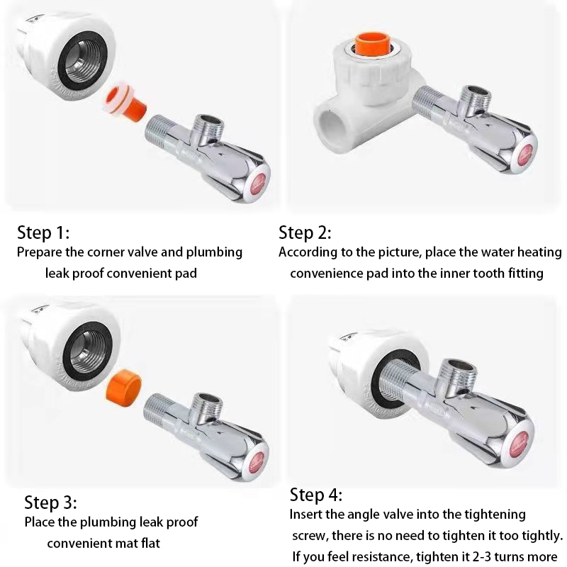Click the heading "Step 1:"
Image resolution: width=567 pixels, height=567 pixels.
(x=43, y=232)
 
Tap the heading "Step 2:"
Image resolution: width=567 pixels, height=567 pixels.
(x=305, y=232)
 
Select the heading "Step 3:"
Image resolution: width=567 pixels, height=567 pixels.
(x=50, y=503)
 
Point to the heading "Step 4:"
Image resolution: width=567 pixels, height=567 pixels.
(x=316, y=495)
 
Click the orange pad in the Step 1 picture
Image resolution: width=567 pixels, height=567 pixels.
(x=126, y=102)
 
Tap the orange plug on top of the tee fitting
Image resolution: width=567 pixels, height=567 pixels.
(x=371, y=45)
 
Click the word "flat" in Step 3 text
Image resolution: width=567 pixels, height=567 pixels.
(x=150, y=543)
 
